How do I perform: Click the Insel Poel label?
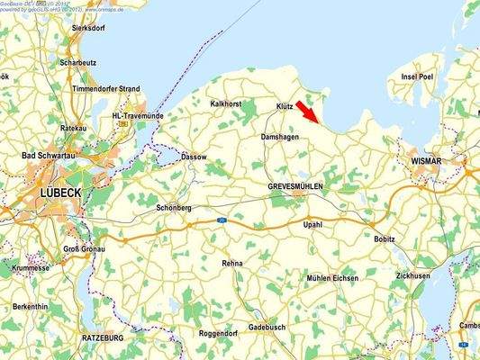click(x=417, y=77)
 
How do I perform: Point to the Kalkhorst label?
click(x=226, y=103)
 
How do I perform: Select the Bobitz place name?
click(x=384, y=239)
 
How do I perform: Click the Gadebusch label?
click(x=267, y=327)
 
